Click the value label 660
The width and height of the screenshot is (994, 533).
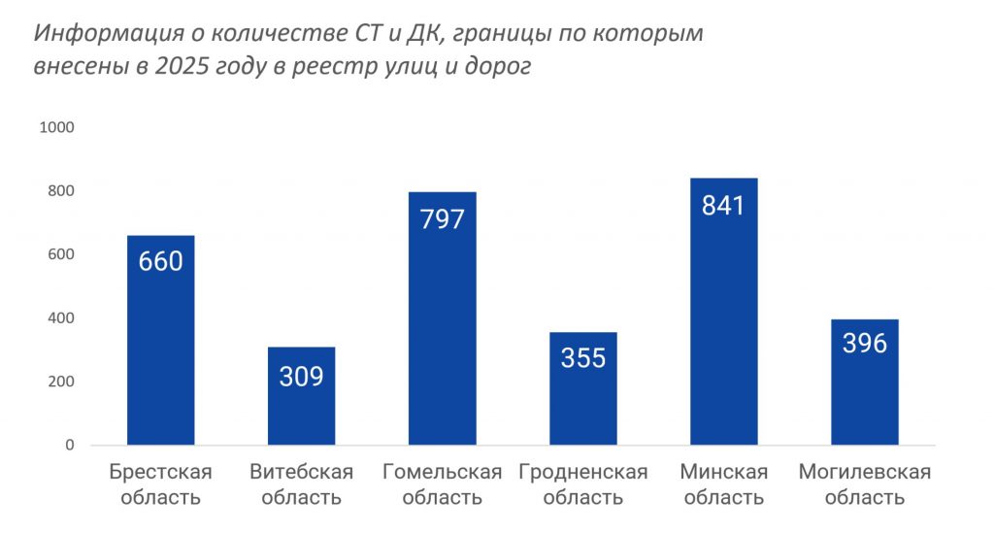coord(161,261)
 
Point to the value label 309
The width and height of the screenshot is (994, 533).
coord(301,376)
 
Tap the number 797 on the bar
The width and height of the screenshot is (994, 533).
coord(442,218)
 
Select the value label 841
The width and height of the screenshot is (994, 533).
coord(723,206)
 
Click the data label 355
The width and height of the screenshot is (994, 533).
coord(582,358)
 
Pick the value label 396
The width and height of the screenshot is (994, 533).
coord(864,343)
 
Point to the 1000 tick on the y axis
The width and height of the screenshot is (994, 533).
coord(56,127)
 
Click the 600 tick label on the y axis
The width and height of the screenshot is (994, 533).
coord(60,254)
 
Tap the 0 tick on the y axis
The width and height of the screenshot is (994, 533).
coord(70,446)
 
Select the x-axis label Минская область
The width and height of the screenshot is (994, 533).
coord(723,484)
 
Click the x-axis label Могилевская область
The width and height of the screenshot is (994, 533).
coord(864,484)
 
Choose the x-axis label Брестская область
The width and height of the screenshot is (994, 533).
coord(161,484)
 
